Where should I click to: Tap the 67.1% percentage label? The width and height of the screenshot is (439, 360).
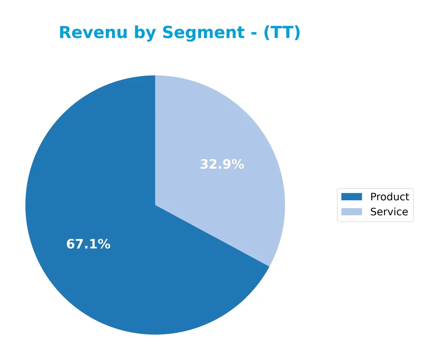tap(88, 244)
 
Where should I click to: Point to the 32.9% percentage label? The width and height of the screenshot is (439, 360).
tap(222, 164)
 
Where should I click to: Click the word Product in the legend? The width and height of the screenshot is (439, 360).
tap(389, 197)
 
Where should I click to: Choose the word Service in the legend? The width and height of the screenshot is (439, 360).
tap(389, 212)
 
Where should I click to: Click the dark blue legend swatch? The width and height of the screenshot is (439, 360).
tap(351, 197)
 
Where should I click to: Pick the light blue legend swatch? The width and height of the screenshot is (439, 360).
tap(351, 212)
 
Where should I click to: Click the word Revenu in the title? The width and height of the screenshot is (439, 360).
tap(93, 33)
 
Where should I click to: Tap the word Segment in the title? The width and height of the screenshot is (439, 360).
tap(203, 33)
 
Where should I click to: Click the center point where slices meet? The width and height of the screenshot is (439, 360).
tap(155, 205)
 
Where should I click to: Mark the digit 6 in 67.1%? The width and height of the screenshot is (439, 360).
tap(70, 244)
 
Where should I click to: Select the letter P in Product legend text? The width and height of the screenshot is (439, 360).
tap(373, 197)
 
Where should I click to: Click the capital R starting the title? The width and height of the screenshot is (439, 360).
tap(65, 33)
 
